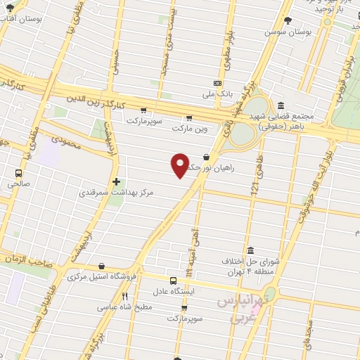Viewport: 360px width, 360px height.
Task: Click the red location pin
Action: pos(180,166)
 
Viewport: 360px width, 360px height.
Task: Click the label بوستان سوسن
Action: pos(288,32)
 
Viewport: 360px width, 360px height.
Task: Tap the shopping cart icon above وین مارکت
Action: pos(188,118)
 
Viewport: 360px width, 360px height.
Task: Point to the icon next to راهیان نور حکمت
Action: pos(206,157)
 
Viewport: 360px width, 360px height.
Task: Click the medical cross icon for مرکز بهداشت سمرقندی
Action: pos(116,181)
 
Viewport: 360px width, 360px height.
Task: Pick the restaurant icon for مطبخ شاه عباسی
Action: pos(125,296)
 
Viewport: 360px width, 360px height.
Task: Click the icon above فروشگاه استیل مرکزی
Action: pos(104,266)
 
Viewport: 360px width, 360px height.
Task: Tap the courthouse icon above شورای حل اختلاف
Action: pos(251,250)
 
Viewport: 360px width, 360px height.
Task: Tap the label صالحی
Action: pos(18,183)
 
